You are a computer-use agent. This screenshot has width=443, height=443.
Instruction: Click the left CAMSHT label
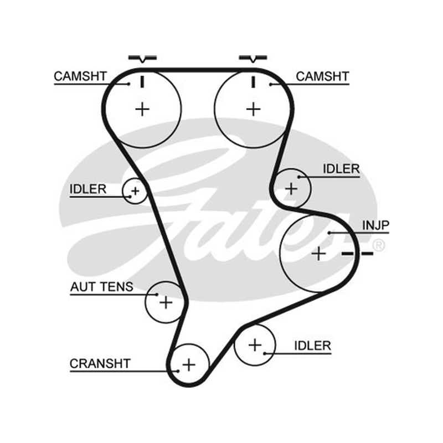pyautogui.click(x=80, y=76)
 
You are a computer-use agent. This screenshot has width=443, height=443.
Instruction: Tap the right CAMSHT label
pyautogui.click(x=322, y=76)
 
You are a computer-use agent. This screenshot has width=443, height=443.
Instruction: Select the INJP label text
pyautogui.click(x=375, y=225)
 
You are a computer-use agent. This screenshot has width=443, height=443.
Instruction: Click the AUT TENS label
pyautogui.click(x=102, y=287)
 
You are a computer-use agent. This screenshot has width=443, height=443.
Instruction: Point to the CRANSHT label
pyautogui.click(x=100, y=364)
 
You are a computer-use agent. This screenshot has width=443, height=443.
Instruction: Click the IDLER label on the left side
pyautogui.click(x=88, y=189)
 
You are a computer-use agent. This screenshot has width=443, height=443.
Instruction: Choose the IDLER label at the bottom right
pyautogui.click(x=312, y=346)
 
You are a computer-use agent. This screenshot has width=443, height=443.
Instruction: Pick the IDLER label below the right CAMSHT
pyautogui.click(x=341, y=169)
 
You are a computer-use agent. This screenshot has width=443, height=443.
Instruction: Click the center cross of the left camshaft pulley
pyautogui.click(x=142, y=109)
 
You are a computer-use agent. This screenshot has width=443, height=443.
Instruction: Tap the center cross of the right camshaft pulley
pyautogui.click(x=254, y=109)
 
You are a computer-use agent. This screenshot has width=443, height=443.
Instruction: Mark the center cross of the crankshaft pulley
pyautogui.click(x=189, y=364)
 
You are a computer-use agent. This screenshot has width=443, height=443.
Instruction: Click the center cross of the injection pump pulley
pyautogui.click(x=319, y=254)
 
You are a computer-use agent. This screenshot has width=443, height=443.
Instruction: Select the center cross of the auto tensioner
pyautogui.click(x=166, y=302)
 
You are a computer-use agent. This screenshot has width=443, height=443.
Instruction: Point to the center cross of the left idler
pyautogui.click(x=135, y=191)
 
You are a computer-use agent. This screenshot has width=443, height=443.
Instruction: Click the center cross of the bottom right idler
pyautogui.click(x=255, y=345)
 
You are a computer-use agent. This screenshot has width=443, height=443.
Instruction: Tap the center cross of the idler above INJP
pyautogui.click(x=291, y=188)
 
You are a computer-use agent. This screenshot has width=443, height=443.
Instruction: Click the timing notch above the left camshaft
pyautogui.click(x=142, y=59)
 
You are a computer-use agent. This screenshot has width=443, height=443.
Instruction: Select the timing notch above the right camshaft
pyautogui.click(x=253, y=59)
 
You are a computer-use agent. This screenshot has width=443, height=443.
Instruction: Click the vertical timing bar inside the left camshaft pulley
pyautogui.click(x=142, y=81)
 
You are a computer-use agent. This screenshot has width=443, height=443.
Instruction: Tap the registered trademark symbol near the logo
pyautogui.click(x=379, y=245)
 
